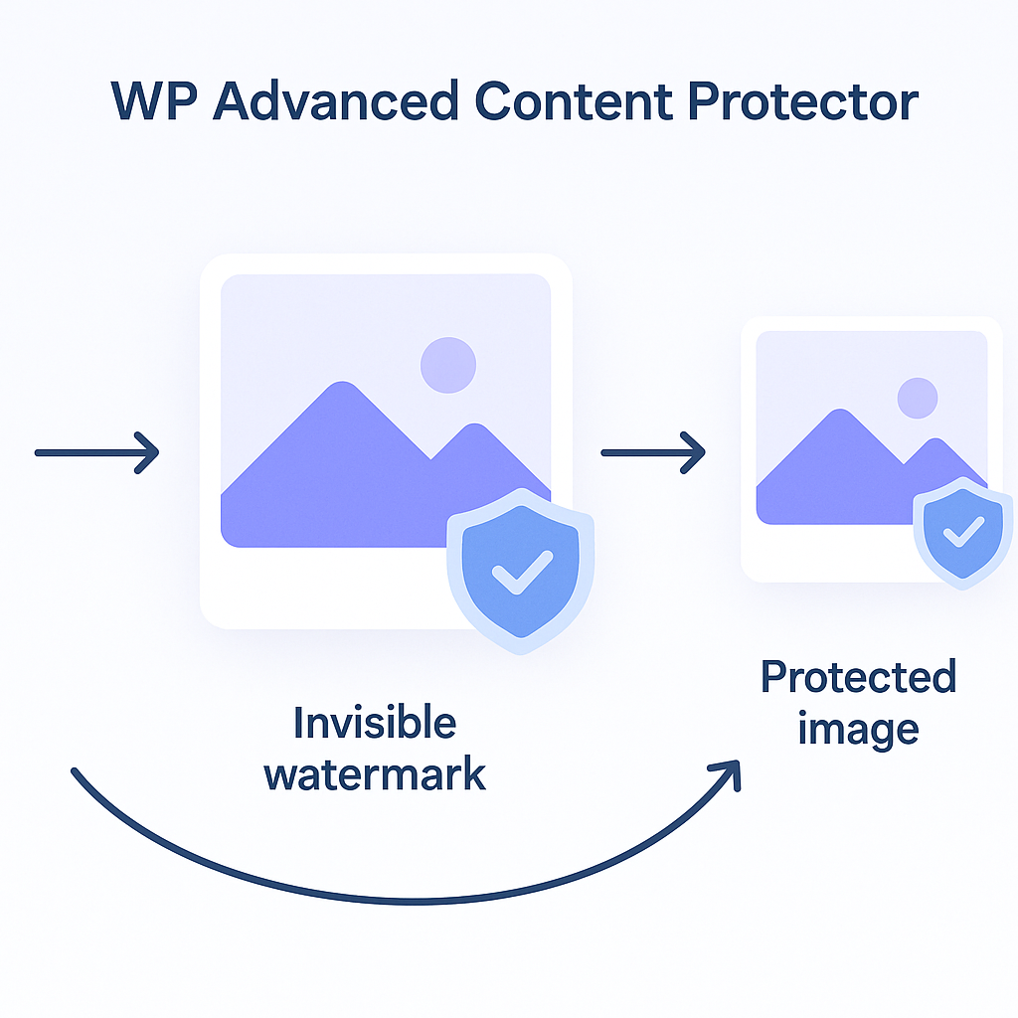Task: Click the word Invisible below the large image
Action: coord(375,723)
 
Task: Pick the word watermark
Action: coord(375,773)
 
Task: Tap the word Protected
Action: coord(858,677)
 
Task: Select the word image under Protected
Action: coord(858,729)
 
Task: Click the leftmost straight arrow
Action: coord(97,452)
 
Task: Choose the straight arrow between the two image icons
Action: coord(653,452)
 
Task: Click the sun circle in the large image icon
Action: coord(448,365)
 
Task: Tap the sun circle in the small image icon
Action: coord(918,398)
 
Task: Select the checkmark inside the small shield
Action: coord(961,535)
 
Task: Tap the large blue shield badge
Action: coord(521,569)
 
